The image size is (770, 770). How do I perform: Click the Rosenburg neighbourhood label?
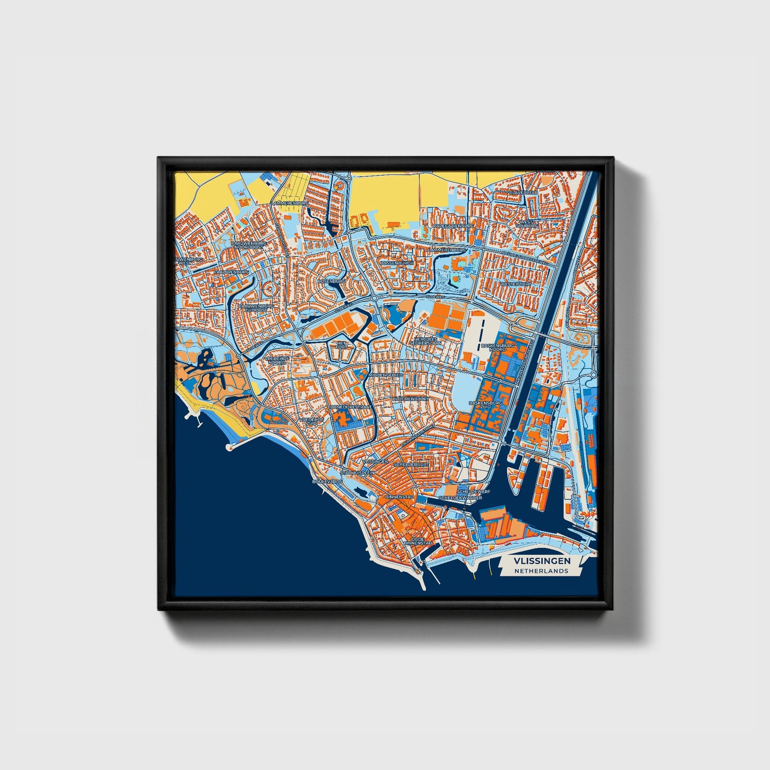click(331, 281)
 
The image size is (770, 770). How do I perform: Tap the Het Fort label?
click(341, 345)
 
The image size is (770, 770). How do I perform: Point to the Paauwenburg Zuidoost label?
click(256, 309)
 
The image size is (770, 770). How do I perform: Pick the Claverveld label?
click(524, 192)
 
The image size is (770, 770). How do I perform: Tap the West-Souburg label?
click(525, 223)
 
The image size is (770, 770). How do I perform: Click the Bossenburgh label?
click(397, 263)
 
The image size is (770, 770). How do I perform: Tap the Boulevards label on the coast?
click(327, 481)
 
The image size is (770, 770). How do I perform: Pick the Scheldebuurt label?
click(411, 465)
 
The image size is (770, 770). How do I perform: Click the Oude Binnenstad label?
click(418, 540)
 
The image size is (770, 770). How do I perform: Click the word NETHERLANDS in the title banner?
click(541, 571)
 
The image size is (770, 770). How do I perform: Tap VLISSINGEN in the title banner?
click(542, 561)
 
